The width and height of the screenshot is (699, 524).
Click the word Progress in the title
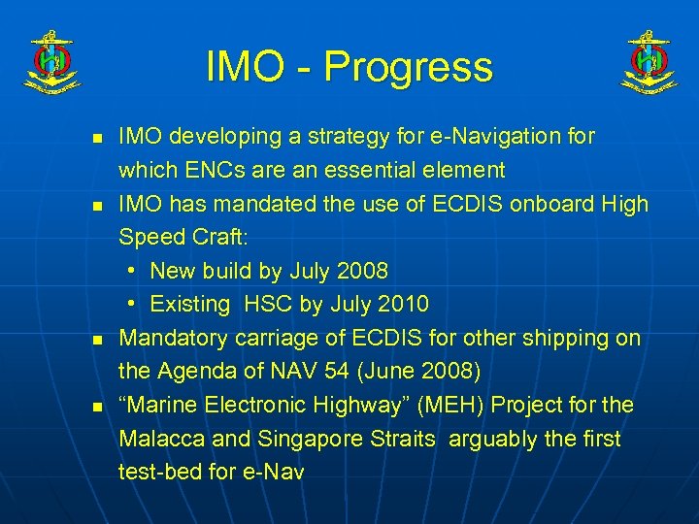tap(409, 67)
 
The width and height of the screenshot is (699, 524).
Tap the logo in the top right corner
tap(649, 62)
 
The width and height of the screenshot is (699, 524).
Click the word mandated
tap(277, 204)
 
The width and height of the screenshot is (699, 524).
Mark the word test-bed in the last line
tap(157, 473)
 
